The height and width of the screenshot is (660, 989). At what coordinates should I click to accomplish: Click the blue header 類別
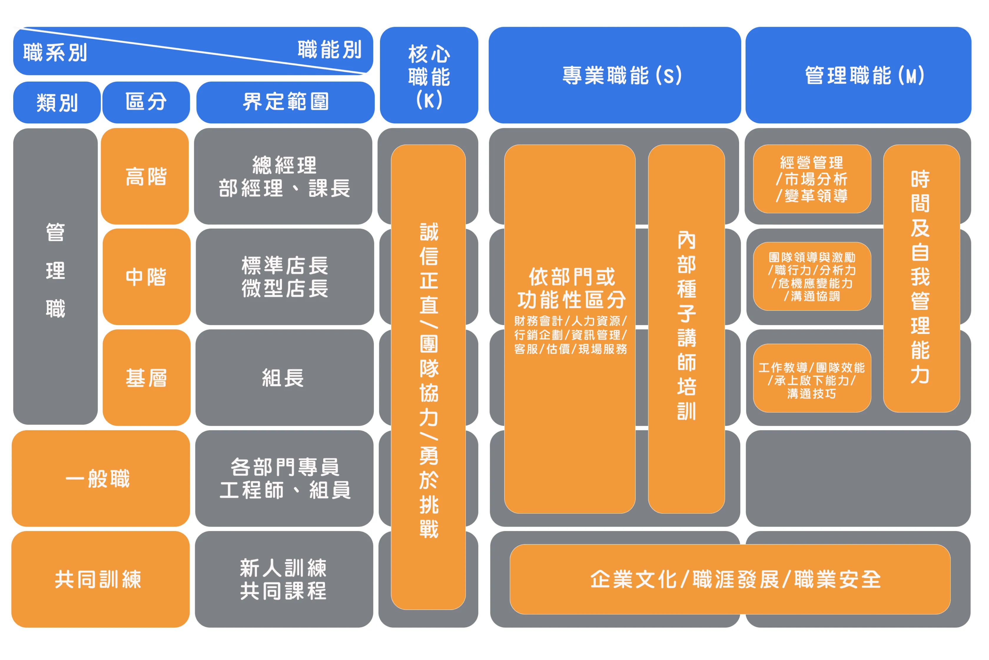[57, 102]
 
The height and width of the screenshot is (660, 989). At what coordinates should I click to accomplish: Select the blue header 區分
[146, 102]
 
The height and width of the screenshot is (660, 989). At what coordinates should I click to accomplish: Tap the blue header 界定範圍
[285, 102]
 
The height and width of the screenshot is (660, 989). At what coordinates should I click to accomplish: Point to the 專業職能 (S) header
[614, 76]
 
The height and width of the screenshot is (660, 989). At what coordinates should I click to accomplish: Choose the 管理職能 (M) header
[858, 76]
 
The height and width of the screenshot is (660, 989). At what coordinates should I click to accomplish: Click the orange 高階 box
[145, 176]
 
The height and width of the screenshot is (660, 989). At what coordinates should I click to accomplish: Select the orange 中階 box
[146, 277]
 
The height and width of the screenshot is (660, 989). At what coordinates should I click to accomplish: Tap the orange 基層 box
[146, 378]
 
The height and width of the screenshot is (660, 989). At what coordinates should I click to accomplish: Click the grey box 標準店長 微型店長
[285, 277]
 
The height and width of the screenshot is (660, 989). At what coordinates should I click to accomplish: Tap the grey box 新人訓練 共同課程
[284, 579]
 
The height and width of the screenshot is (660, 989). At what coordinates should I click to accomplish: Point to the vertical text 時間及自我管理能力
[921, 278]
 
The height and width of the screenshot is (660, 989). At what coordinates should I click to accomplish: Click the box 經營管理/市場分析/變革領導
[812, 179]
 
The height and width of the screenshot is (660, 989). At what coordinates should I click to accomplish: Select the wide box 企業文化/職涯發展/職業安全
[730, 579]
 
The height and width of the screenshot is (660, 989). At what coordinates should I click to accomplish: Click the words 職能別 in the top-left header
[329, 50]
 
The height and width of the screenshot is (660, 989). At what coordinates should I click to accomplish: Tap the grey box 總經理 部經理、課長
[283, 176]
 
